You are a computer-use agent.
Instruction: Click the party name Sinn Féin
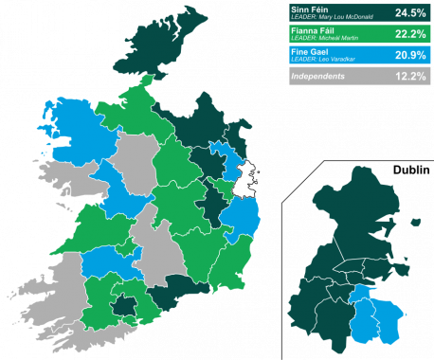click(x=310, y=9)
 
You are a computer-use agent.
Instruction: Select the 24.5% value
click(x=411, y=13)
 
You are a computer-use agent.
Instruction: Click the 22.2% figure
click(x=411, y=34)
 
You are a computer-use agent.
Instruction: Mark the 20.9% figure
click(x=411, y=55)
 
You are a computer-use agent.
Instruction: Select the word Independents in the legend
click(x=317, y=76)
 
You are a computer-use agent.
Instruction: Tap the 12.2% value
click(x=411, y=76)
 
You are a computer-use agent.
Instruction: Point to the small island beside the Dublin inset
click(x=415, y=223)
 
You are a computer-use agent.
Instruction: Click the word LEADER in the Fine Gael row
click(x=301, y=60)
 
